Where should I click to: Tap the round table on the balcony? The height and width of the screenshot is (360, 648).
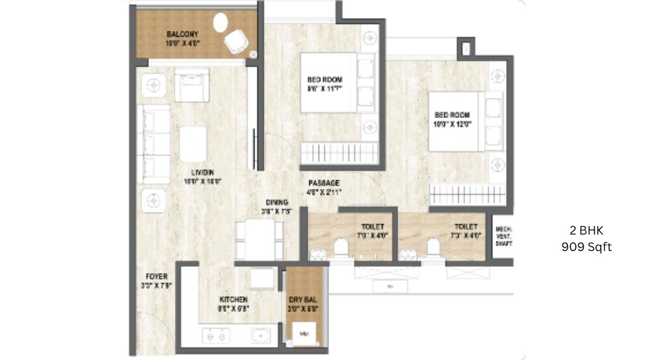221,23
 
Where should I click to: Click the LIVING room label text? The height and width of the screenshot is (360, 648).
202,172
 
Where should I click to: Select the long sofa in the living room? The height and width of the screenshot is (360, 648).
153,143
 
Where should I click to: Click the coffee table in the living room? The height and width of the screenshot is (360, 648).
193,144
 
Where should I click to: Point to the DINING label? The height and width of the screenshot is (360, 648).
277,202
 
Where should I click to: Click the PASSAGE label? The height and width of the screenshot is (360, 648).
324,183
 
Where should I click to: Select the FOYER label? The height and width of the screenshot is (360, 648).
156,276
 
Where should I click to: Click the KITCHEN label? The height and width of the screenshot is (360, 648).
233,300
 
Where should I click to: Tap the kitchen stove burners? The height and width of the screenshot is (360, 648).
216,336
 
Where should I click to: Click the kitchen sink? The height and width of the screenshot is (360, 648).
261,336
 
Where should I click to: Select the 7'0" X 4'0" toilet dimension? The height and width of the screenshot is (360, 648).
373,235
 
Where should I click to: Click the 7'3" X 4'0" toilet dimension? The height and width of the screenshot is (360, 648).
466,235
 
